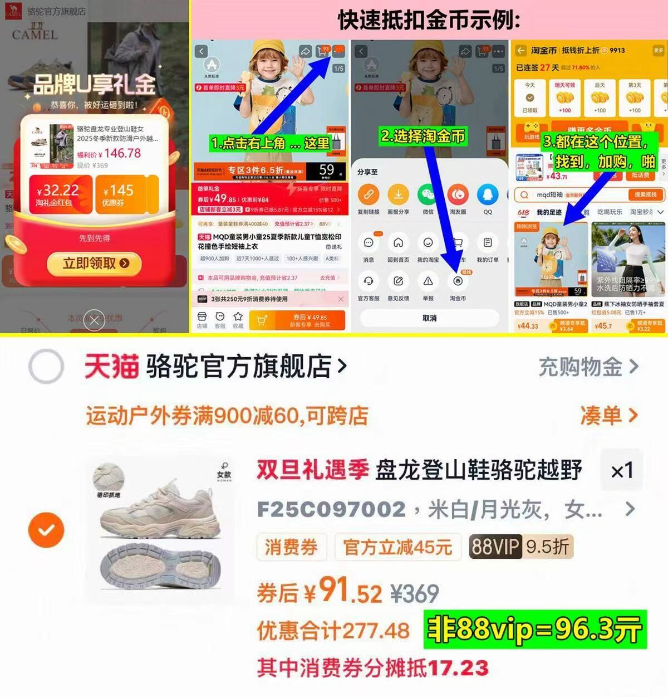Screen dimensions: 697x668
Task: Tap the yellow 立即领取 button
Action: (95, 264)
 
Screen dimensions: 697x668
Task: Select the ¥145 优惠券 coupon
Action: (126, 194)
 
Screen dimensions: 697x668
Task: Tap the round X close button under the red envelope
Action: (95, 320)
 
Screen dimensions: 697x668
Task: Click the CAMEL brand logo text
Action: (35, 35)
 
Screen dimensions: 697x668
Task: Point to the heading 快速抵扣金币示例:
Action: (429, 20)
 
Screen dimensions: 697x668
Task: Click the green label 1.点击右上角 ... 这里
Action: (271, 143)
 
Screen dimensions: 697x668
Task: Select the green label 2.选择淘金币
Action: (423, 136)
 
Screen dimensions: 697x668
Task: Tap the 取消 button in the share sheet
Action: (429, 318)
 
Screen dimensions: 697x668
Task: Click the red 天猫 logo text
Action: (111, 367)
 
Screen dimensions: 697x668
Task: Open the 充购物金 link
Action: (588, 367)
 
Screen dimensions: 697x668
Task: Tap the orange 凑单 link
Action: (608, 415)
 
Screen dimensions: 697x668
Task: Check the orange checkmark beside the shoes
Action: (46, 530)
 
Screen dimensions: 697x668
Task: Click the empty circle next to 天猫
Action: (46, 367)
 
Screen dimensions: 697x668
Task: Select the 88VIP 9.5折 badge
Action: (520, 547)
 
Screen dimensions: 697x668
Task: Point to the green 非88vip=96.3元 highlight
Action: (534, 630)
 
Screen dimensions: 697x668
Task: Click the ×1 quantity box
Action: (622, 471)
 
